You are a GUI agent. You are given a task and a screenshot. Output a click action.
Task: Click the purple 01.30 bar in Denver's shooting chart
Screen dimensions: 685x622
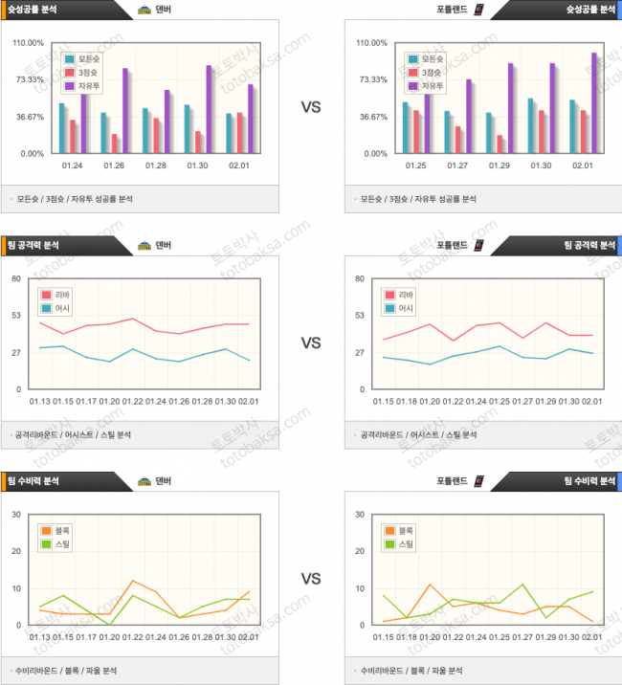click(209, 109)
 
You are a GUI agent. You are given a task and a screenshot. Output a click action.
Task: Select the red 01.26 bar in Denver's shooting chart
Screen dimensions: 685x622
click(115, 144)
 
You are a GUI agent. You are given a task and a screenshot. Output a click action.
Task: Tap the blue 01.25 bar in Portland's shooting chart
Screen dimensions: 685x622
click(406, 128)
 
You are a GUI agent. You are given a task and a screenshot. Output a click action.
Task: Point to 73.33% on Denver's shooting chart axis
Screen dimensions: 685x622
click(29, 79)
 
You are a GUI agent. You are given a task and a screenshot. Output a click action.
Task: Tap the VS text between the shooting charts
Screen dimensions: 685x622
click(311, 108)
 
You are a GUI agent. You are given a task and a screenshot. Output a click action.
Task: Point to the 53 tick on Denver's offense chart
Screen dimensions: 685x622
click(16, 315)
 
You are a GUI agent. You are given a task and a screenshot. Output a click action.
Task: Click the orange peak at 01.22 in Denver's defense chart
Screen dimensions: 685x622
click(133, 581)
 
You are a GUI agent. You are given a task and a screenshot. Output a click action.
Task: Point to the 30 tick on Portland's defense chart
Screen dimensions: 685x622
click(359, 515)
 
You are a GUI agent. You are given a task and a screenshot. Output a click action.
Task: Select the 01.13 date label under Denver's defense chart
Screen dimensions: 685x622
click(40, 637)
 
